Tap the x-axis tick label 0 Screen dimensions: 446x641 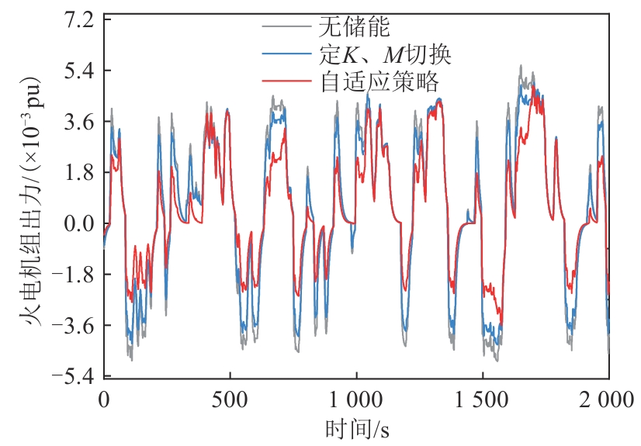point(103,401)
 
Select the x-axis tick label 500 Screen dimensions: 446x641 point(230,401)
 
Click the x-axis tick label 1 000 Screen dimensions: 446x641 point(356,401)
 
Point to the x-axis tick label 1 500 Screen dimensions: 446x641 point(483,401)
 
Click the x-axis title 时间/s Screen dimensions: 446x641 point(355,429)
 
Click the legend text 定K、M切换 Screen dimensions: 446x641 point(385,55)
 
